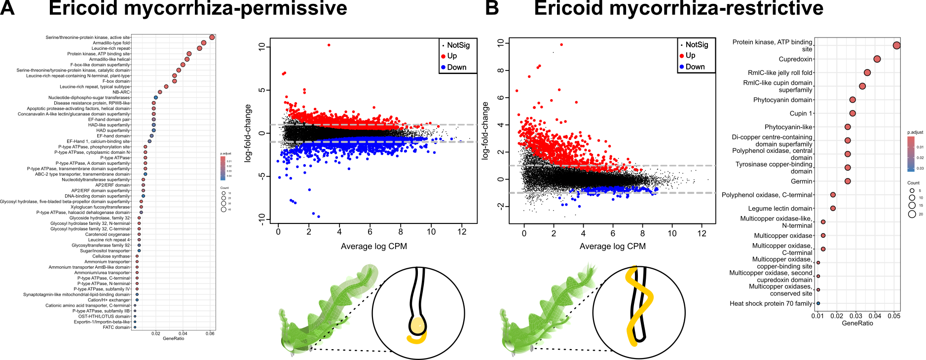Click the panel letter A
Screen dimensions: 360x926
tap(7, 8)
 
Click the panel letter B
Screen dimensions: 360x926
tap(492, 8)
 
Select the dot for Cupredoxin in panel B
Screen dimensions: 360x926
tap(877, 59)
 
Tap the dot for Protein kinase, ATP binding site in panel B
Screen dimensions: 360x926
tap(897, 45)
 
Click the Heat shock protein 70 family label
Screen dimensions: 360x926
tap(771, 304)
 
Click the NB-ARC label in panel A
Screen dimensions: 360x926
tap(121, 92)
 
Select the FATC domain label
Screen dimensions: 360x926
tap(116, 327)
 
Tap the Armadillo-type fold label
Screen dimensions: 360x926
tap(111, 43)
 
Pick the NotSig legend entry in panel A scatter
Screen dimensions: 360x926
tap(458, 45)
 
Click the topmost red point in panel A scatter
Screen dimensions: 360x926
tap(329, 45)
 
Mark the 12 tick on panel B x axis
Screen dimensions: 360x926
tap(702, 234)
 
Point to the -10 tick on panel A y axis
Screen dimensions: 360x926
tap(261, 218)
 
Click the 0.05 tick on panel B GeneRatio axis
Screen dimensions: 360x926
tap(894, 316)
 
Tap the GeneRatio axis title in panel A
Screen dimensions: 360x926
tap(173, 339)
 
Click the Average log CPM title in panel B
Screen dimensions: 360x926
tap(612, 246)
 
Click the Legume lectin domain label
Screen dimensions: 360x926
tap(780, 209)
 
